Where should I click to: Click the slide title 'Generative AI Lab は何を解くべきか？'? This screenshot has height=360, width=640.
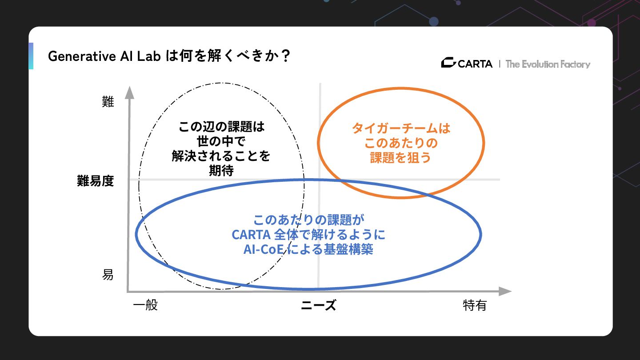coord(169,56)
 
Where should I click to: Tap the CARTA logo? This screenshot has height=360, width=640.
coord(467,64)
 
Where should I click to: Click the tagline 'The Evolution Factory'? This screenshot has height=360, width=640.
coord(548,64)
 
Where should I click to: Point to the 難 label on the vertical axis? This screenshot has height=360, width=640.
coord(108,102)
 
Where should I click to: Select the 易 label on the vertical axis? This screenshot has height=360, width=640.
coord(108,275)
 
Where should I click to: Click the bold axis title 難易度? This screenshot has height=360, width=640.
coord(95,181)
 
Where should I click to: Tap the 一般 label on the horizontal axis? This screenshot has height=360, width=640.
coord(145,306)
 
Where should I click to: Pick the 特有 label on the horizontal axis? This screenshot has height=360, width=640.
coord(475,306)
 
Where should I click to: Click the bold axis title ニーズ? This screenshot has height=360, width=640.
coord(318,306)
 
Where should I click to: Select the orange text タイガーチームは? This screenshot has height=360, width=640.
coord(401,128)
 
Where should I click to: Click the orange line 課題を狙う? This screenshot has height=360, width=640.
coord(401,158)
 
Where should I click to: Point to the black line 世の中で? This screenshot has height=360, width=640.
coord(221,142)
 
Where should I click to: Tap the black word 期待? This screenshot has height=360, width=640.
coord(221,171)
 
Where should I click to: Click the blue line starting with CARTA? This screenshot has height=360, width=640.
coord(308,234)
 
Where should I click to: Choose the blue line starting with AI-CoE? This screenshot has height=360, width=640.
coord(308,249)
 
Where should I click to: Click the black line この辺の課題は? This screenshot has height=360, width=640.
coord(221,127)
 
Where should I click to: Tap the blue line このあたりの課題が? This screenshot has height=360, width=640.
coord(308,220)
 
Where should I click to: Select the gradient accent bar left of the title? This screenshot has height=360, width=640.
coord(31,56)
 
